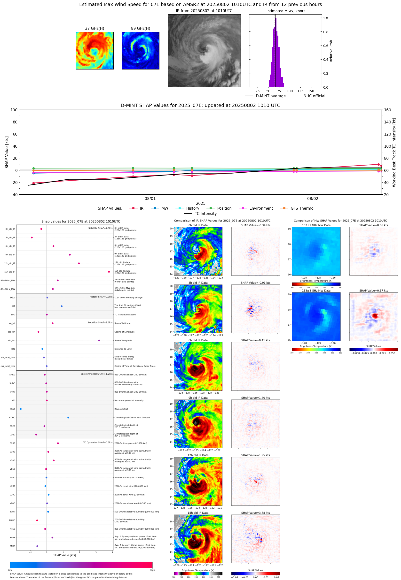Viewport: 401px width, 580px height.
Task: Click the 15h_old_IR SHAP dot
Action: click(109, 272)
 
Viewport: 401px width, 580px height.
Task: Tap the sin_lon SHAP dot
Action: click(99, 340)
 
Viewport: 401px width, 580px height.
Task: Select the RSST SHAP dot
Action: click(21, 409)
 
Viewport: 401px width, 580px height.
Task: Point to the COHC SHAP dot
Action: click(68, 418)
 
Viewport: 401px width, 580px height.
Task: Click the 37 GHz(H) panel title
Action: click(94, 28)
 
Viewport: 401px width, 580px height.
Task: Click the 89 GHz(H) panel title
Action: click(141, 28)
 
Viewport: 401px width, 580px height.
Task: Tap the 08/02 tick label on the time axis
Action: click(313, 198)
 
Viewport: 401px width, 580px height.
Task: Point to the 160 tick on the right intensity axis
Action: click(387, 110)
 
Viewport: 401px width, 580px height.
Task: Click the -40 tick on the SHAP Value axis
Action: click(14, 195)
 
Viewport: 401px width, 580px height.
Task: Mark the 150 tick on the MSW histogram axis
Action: click(311, 91)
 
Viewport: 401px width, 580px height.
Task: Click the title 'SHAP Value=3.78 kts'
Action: click(256, 513)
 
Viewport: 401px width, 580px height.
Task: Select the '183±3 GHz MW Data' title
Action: click(316, 291)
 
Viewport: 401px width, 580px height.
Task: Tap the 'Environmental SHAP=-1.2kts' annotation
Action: click(96, 374)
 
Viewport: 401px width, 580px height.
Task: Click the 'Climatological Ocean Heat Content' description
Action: click(132, 418)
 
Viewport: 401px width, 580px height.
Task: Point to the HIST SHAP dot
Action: click(62, 306)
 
